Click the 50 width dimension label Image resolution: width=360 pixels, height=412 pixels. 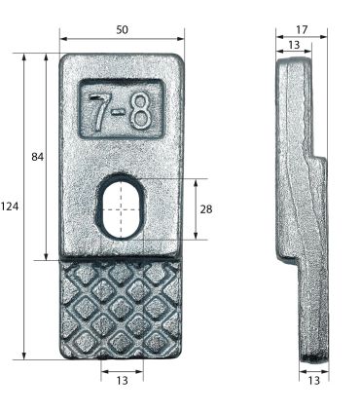[x=122, y=30]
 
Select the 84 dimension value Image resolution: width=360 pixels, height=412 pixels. [x=38, y=157]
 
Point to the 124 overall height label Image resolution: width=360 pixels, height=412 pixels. [x=11, y=206]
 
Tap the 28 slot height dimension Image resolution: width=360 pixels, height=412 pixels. [x=205, y=208]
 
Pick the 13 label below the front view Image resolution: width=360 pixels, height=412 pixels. [x=122, y=381]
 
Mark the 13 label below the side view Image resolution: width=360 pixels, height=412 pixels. [x=313, y=381]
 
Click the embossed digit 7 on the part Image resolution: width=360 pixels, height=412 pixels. [x=100, y=113]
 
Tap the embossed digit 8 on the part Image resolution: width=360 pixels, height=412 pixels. [x=141, y=114]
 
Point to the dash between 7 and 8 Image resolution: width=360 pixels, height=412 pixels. [x=121, y=115]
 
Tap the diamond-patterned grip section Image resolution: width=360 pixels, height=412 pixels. [x=121, y=309]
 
